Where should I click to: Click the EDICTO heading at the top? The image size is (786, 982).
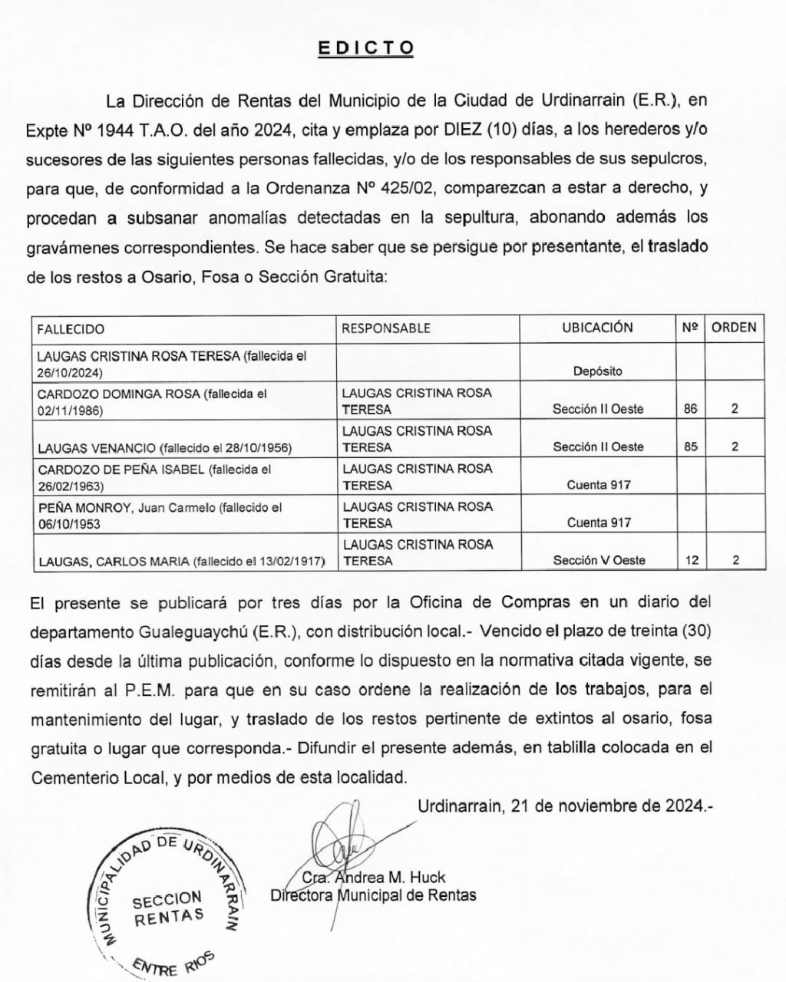[366, 48]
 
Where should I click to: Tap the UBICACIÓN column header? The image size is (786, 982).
[597, 328]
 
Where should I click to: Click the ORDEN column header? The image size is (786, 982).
[734, 328]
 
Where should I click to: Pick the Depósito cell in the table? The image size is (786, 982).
[597, 371]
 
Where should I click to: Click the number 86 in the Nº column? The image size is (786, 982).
[691, 409]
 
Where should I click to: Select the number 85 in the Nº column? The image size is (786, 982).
[691, 447]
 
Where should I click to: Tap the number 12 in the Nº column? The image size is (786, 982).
[692, 560]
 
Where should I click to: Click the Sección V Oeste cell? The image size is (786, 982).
[599, 560]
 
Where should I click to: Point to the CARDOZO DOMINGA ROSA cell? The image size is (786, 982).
[152, 402]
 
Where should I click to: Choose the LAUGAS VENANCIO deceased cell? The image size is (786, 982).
[164, 447]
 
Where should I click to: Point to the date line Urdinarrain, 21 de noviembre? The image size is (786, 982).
[566, 806]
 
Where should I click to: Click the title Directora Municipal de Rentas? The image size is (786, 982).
[373, 895]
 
